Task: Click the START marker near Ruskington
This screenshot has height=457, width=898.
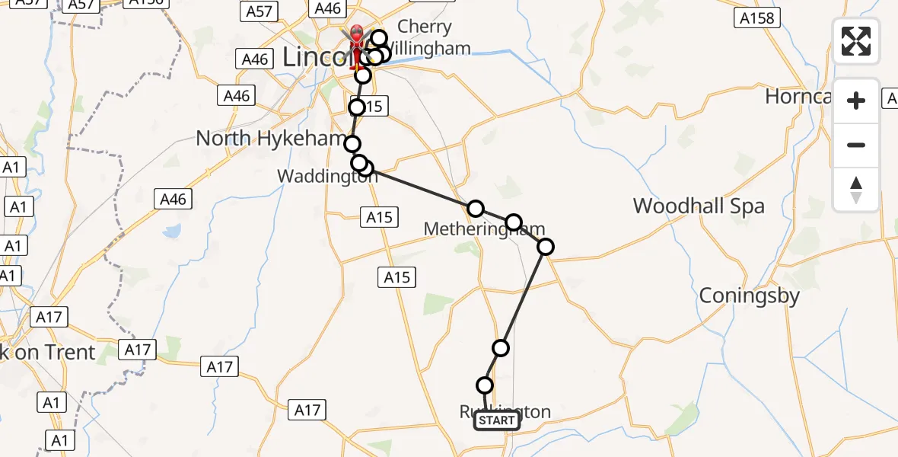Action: (x=497, y=420)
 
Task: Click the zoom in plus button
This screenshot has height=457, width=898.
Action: (x=856, y=101)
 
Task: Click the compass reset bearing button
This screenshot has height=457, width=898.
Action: (x=856, y=190)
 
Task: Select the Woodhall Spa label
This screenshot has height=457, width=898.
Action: (x=699, y=206)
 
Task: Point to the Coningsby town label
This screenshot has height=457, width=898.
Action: (x=749, y=296)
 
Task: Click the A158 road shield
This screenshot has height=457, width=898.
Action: (x=758, y=17)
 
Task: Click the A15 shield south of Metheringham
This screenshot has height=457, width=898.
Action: (x=397, y=277)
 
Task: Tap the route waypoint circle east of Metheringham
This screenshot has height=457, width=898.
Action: (x=546, y=246)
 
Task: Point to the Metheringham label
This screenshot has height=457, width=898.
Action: (x=484, y=228)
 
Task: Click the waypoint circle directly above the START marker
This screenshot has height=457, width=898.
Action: (x=485, y=385)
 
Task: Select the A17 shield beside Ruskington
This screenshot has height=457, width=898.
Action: (x=307, y=411)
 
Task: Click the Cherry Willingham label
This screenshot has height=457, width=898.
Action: (x=424, y=37)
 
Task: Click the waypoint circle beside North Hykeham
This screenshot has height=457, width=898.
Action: (x=352, y=144)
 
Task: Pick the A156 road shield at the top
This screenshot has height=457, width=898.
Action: (x=147, y=3)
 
